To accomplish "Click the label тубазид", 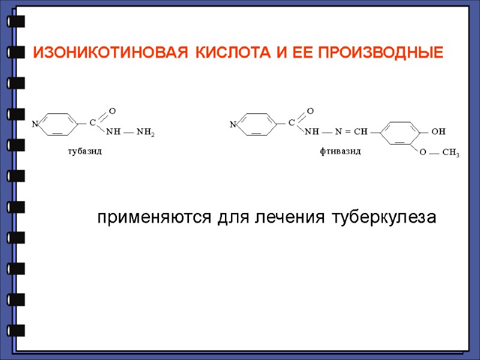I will pyautogui.click(x=84, y=151).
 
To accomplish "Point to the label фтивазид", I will pyautogui.click(x=340, y=151).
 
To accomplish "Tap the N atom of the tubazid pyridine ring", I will pyautogui.click(x=35, y=124).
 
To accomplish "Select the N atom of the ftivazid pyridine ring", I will pyautogui.click(x=233, y=124).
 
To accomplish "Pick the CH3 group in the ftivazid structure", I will pyautogui.click(x=450, y=154).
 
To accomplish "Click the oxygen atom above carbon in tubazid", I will pyautogui.click(x=112, y=111).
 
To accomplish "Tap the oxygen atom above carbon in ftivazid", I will pyautogui.click(x=310, y=111).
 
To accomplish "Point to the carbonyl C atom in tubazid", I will pyautogui.click(x=92, y=123).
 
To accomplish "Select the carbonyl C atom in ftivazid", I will pyautogui.click(x=292, y=122).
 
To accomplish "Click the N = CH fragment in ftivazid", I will pyautogui.click(x=351, y=131).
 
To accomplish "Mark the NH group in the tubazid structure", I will pyautogui.click(x=113, y=131).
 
